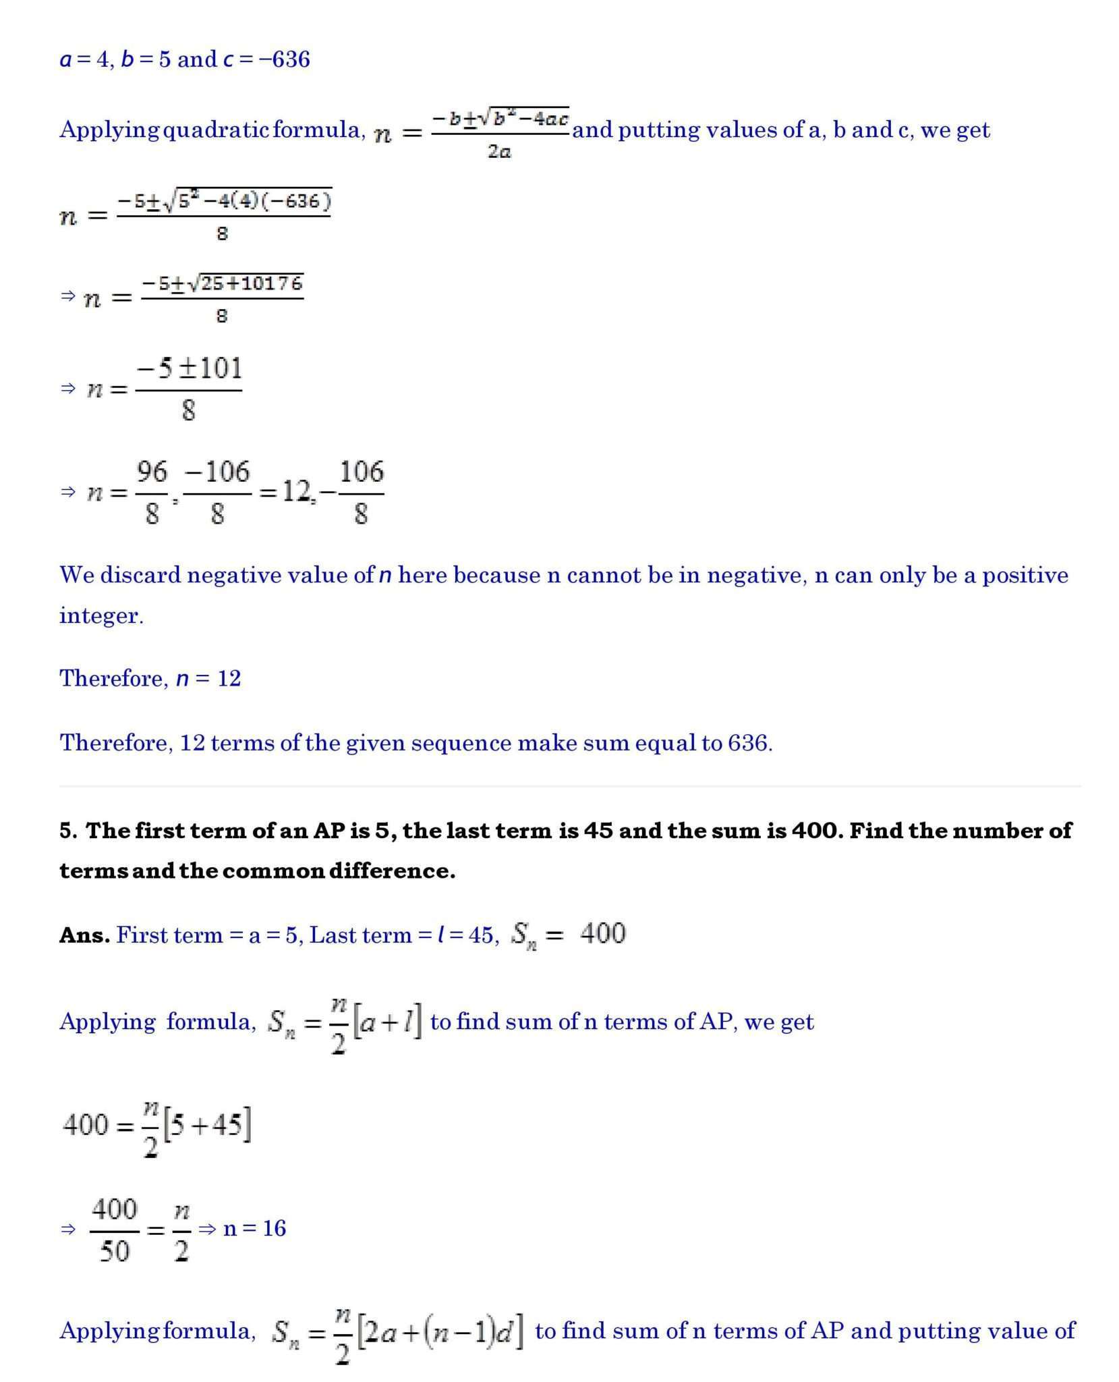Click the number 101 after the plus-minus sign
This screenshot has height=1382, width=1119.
click(219, 368)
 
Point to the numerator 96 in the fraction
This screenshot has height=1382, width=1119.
click(152, 472)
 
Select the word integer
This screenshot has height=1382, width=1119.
click(101, 615)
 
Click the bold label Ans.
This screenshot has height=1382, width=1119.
click(84, 935)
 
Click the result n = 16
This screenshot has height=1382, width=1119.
click(254, 1228)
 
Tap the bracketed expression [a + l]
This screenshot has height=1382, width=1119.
click(387, 1022)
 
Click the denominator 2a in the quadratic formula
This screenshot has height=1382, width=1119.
click(499, 152)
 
